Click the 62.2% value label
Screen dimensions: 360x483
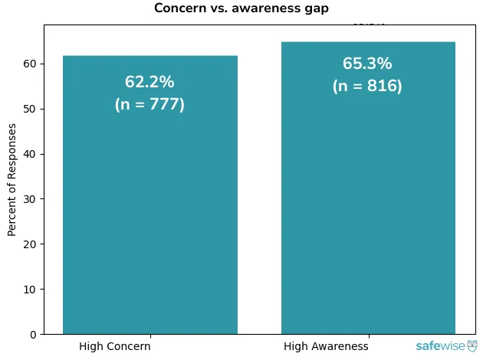[x=149, y=83]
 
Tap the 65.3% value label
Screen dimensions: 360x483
[x=367, y=64]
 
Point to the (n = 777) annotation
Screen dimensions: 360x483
[x=149, y=105]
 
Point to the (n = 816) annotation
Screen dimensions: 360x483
[x=367, y=87]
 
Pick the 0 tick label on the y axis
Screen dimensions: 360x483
[x=34, y=335]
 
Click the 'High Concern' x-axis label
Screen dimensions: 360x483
[x=115, y=346]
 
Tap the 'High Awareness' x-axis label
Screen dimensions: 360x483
[x=326, y=346]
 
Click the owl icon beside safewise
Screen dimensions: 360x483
[x=472, y=346]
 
